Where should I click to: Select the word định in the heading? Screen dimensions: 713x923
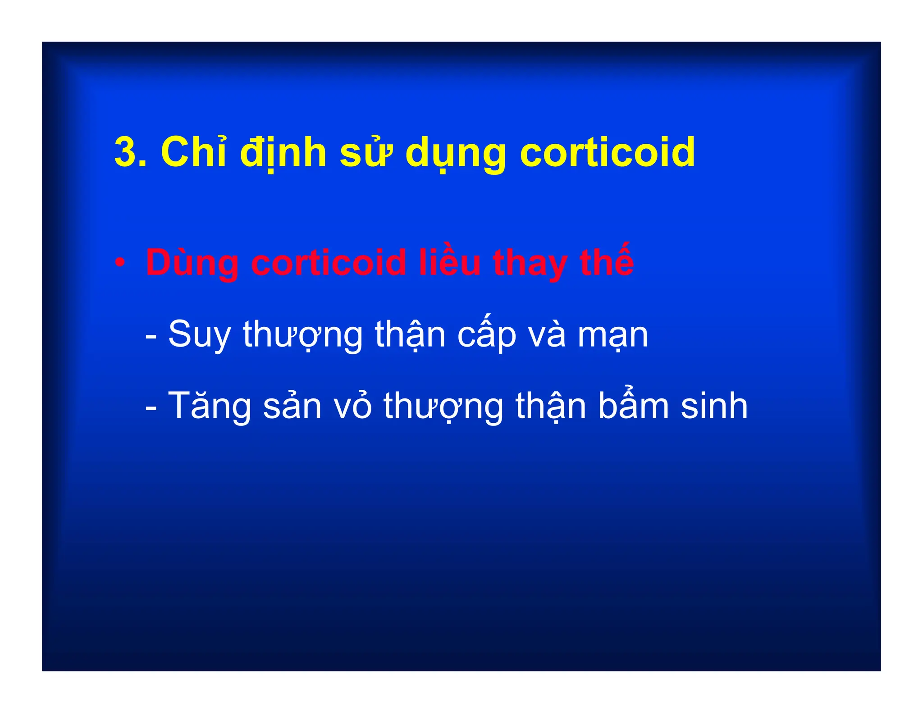(283, 153)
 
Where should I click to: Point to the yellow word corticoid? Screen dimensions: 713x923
(607, 152)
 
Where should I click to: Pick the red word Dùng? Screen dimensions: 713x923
(192, 263)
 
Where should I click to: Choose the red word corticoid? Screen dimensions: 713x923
(329, 262)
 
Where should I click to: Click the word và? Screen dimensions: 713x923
(547, 334)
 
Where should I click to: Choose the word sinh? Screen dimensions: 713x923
(714, 406)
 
